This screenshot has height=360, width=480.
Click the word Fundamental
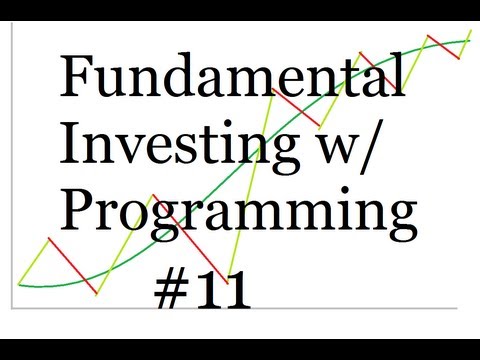[x=232, y=78]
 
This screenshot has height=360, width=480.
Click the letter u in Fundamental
[x=115, y=82]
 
